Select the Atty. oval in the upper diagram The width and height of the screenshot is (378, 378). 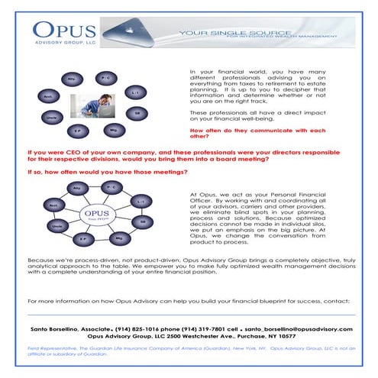pyautogui.click(x=71, y=79)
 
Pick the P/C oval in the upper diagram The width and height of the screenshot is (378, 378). pyautogui.click(x=105, y=77)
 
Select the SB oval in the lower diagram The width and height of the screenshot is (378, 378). pyautogui.click(x=143, y=221)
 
